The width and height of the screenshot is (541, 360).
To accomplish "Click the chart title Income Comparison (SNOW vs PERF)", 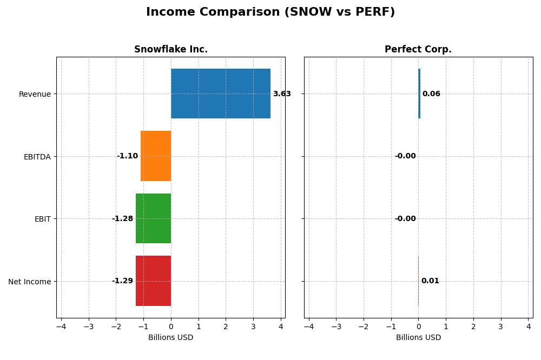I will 270,12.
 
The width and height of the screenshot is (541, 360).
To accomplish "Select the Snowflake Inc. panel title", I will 170,50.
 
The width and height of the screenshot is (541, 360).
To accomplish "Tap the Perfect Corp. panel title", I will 418,50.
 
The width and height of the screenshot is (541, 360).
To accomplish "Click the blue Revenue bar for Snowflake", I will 221,94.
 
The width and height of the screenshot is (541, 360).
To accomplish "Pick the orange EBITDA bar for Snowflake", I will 156,156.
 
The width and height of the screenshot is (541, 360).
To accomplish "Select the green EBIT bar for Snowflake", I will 153,218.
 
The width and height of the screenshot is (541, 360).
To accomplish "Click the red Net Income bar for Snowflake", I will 153,281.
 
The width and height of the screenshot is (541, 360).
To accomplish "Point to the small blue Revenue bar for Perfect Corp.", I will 419,94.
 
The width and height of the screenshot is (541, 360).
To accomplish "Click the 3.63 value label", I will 281,94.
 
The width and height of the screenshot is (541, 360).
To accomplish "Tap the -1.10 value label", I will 127,156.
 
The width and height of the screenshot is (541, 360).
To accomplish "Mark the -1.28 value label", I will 122,219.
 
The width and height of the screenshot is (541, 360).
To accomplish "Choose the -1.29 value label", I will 122,281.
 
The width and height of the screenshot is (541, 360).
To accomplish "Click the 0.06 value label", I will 431,94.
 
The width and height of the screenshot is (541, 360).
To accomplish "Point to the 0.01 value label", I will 430,281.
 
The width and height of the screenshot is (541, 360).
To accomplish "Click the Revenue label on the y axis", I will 35,95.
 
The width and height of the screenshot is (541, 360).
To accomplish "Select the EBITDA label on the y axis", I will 37,157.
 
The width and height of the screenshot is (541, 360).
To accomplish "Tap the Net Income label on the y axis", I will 29,282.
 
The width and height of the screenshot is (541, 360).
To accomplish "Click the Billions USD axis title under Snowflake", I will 170,338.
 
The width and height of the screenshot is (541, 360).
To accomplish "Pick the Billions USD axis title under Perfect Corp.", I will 418,338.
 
